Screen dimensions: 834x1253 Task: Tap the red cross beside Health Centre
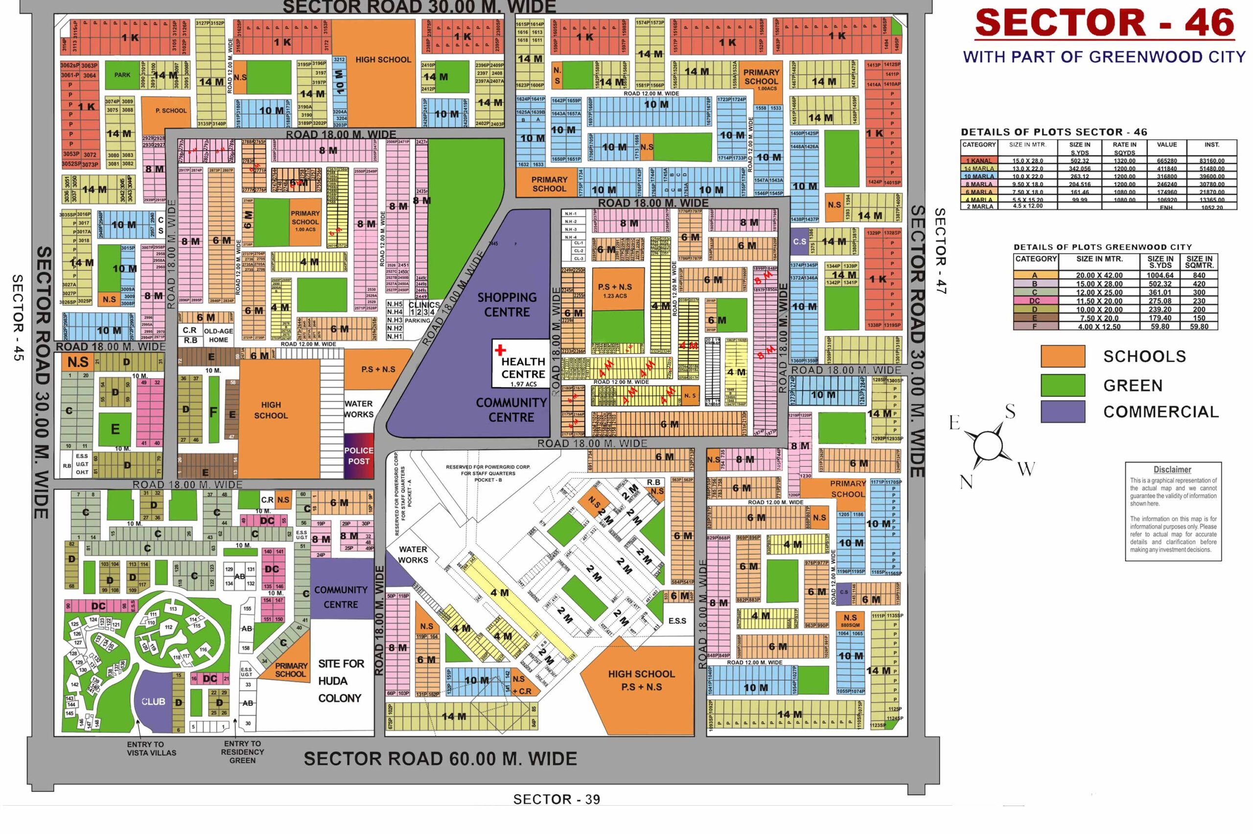(x=500, y=350)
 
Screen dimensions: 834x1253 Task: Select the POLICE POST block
(x=359, y=456)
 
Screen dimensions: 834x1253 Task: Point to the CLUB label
(x=153, y=701)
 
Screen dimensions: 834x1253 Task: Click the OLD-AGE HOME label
(x=218, y=335)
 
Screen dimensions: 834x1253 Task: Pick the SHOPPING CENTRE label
(x=507, y=305)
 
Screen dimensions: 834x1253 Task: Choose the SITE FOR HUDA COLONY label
(x=340, y=681)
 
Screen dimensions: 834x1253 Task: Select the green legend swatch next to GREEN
(x=1063, y=385)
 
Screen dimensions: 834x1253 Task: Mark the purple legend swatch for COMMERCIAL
(x=1063, y=412)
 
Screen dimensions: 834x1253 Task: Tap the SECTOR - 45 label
(x=18, y=317)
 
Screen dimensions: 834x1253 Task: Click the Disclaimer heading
(x=1172, y=470)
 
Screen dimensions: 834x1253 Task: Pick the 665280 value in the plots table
(x=1166, y=160)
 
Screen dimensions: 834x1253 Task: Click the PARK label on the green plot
(x=122, y=75)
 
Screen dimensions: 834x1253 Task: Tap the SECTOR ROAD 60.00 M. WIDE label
(x=440, y=759)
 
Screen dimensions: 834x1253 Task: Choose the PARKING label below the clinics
(x=417, y=321)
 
